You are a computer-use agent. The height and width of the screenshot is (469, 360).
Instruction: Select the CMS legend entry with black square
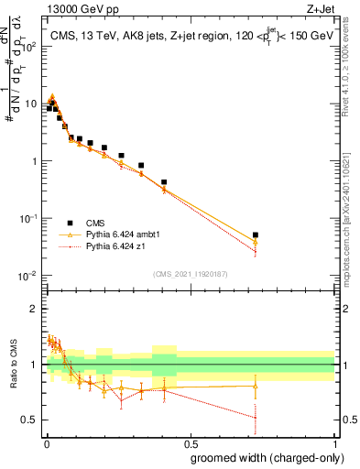pos(93,223)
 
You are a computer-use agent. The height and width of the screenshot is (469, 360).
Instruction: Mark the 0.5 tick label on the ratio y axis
pos(30,420)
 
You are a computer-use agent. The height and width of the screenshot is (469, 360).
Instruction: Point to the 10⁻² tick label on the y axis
pos(29,276)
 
